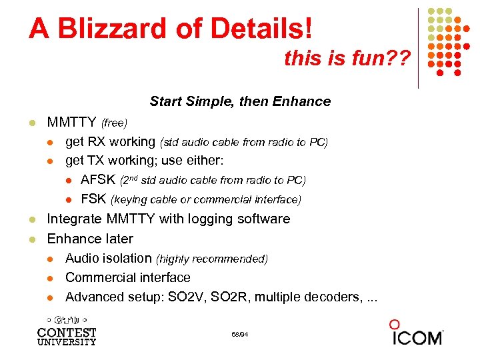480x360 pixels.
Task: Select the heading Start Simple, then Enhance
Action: [240, 101]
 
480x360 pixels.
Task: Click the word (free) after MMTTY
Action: [114, 123]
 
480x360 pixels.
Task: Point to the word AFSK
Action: [98, 180]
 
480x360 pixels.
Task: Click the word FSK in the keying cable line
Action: [93, 199]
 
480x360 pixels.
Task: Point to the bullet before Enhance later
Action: [31, 239]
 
